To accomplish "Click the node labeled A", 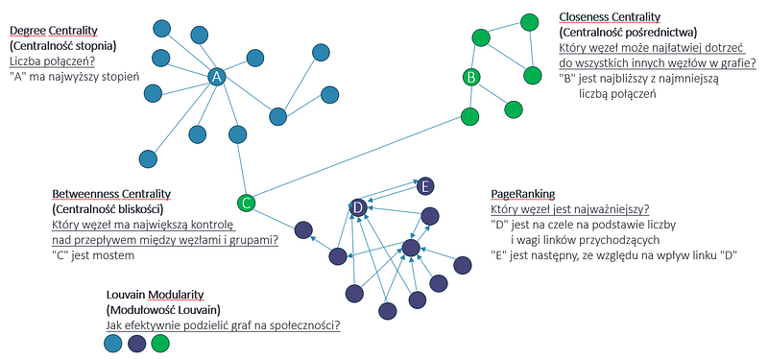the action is point(217,77).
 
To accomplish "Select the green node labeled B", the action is point(471,77).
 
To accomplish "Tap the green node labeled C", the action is point(247,203).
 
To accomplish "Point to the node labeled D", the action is point(358,207).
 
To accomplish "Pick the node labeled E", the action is point(425,186).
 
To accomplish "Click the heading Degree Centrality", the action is point(54,32).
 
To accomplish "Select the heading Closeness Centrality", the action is point(610,17).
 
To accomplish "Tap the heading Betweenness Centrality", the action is point(111,195).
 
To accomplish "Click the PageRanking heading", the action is point(522,194).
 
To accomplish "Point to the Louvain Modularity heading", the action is point(155,295).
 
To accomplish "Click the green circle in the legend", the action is point(160,344).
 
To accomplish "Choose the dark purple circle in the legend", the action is point(136,344).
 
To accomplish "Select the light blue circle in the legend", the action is point(113,344).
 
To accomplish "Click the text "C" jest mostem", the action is point(92,255).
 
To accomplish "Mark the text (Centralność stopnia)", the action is point(62,46).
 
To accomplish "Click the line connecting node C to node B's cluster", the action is point(358,158).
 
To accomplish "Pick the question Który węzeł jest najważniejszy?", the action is point(570,209).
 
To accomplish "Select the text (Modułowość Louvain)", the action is point(163,310).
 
